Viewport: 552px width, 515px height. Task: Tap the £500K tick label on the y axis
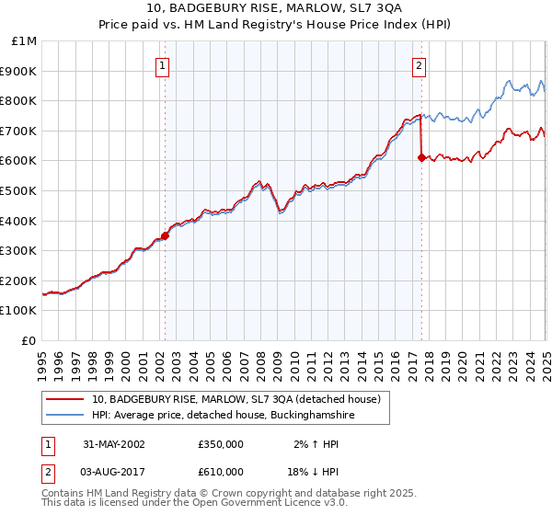18,190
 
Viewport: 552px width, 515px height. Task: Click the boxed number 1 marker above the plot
162,64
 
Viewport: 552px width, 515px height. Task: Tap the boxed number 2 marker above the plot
419,64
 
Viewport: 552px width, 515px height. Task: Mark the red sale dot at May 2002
166,235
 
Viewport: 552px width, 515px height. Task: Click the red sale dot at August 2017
421,157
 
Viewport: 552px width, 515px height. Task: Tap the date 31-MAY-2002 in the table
114,444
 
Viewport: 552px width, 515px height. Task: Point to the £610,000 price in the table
220,471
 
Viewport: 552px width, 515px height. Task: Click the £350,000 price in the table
220,444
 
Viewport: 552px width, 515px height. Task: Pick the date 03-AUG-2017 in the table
114,471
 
